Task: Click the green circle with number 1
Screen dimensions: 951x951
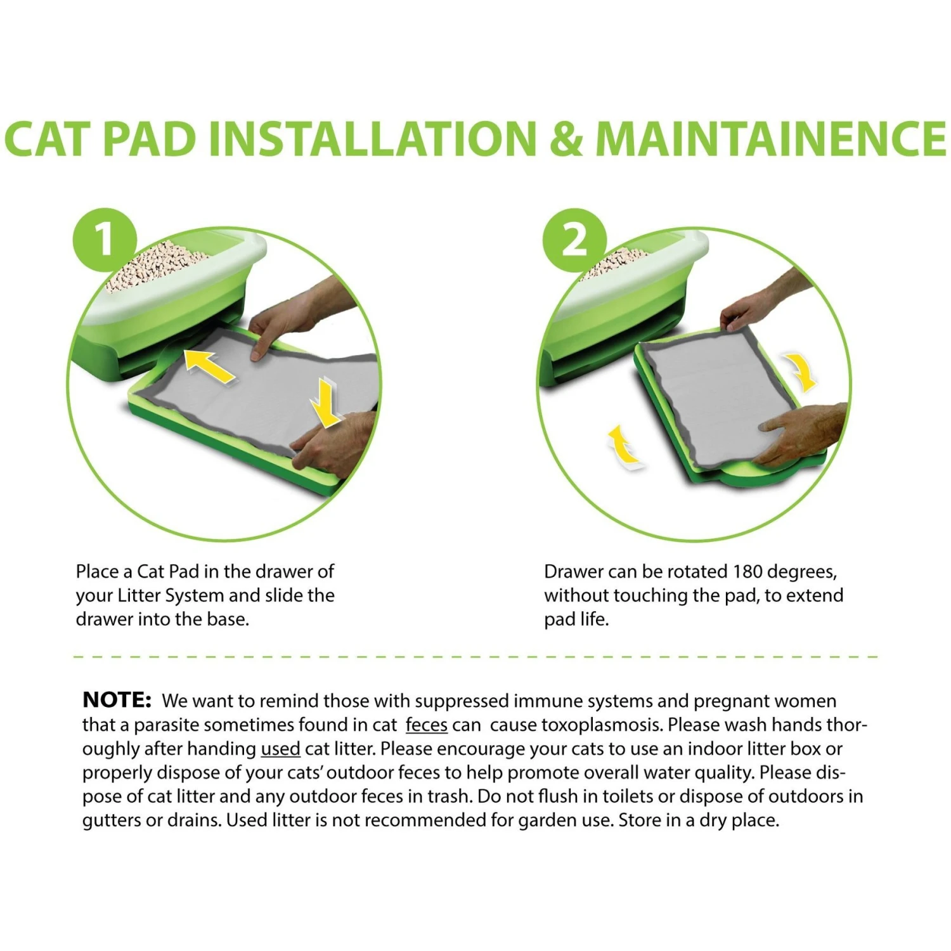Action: (105, 240)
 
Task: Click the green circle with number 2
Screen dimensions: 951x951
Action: (574, 240)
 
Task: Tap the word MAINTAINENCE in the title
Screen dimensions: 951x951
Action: (770, 138)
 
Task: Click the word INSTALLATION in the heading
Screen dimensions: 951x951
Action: (373, 138)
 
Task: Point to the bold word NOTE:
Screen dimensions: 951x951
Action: (117, 700)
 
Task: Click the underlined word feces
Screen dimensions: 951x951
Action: (426, 725)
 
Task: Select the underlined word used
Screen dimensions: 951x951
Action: (280, 749)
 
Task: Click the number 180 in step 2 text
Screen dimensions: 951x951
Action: (747, 571)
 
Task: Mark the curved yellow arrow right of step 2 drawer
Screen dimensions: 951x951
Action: (801, 373)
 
